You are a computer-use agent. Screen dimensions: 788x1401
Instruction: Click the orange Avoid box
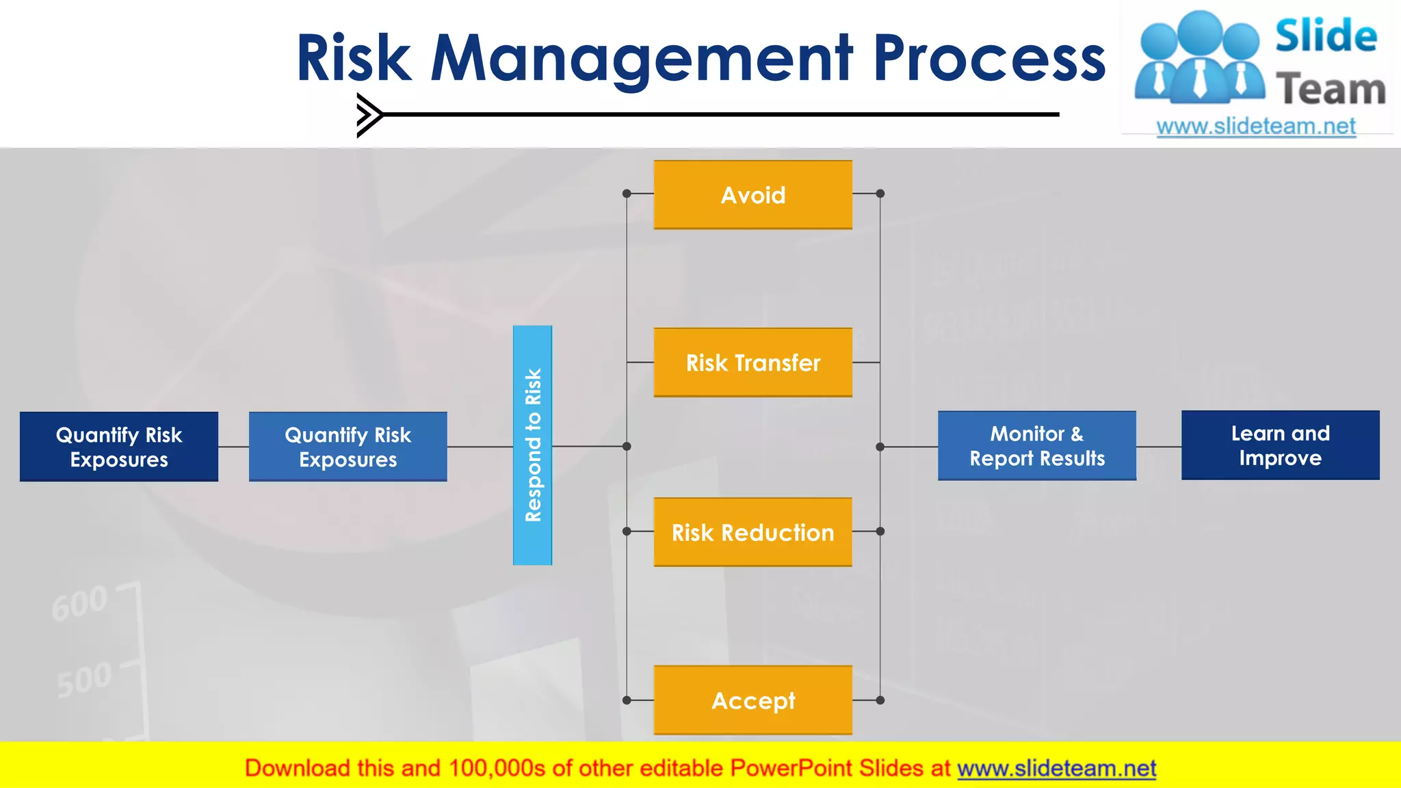coord(752,195)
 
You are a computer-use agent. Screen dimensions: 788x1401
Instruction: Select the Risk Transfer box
coord(752,363)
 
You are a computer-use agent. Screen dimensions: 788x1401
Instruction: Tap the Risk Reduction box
coord(752,532)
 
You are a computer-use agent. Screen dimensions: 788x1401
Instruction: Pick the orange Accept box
coord(752,700)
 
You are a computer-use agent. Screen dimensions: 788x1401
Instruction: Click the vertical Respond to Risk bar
coord(532,445)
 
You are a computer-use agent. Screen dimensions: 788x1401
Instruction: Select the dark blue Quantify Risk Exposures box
coord(119,447)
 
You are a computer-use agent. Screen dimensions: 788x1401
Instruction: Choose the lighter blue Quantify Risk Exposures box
coord(348,447)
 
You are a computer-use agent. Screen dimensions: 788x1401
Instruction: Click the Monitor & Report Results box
coord(1036,445)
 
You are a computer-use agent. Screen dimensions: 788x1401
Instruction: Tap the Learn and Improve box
coord(1280,445)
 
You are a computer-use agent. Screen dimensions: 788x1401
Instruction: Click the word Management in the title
coord(642,59)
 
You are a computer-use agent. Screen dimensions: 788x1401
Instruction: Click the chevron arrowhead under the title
coord(369,115)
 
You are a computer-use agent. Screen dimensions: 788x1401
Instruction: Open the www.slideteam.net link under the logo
coord(1255,127)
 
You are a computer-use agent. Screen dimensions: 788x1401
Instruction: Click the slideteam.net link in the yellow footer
coord(1056,768)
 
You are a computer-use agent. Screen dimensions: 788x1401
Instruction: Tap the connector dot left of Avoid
coord(627,194)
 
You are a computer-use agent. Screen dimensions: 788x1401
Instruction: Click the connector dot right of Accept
coord(880,700)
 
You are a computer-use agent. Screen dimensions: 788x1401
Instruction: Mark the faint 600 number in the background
coord(79,603)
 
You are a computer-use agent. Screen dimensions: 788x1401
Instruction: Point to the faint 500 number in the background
coord(83,679)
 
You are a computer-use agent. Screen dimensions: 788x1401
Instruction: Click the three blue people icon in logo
coord(1199,59)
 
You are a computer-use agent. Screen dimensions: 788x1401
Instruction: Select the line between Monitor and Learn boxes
coord(1159,447)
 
